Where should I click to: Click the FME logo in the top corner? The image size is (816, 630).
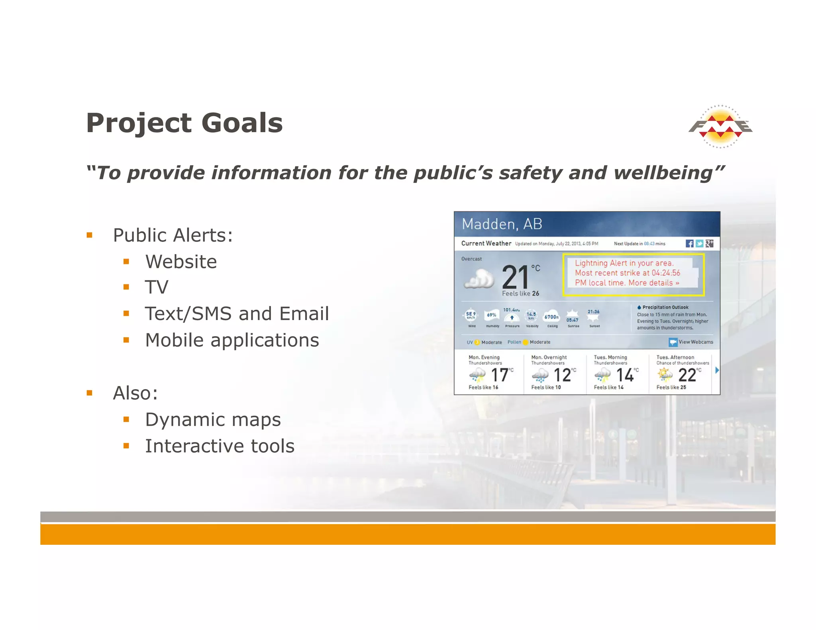[x=720, y=127]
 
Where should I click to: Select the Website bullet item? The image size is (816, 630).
[x=181, y=262]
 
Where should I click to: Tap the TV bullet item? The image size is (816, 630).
[x=157, y=287]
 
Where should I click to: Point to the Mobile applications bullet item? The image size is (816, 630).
[x=232, y=340]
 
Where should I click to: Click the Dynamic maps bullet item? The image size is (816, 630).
[x=213, y=419]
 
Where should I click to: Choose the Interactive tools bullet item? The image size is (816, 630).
[x=220, y=446]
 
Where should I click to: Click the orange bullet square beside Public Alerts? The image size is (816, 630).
[x=90, y=235]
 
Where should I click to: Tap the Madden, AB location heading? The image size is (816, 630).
[x=502, y=224]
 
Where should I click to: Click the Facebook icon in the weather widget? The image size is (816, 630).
[x=689, y=243]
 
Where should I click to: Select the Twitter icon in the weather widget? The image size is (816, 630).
[x=699, y=243]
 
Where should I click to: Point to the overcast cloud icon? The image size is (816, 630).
[x=479, y=278]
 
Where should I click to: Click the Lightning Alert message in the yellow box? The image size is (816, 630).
[x=627, y=273]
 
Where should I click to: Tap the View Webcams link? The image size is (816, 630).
[x=691, y=342]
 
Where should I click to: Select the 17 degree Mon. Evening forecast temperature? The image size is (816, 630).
[x=499, y=375]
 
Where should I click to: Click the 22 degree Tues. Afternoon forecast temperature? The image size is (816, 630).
[x=687, y=375]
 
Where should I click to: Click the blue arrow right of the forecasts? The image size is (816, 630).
[x=717, y=370]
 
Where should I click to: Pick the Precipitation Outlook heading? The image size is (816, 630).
[x=665, y=307]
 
